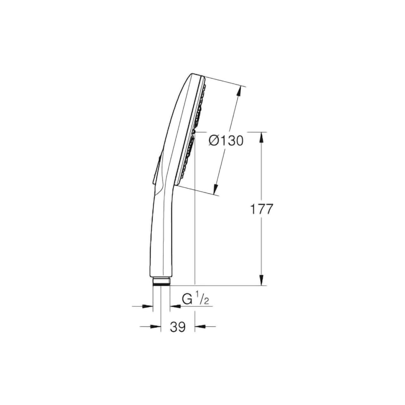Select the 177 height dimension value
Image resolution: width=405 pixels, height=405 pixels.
[261, 209]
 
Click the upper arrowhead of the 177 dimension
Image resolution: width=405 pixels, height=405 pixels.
[261, 138]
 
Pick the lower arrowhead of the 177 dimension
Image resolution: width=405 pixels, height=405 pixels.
[261, 280]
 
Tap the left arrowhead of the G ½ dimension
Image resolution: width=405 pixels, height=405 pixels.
[147, 306]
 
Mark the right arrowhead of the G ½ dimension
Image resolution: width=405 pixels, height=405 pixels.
[175, 306]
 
